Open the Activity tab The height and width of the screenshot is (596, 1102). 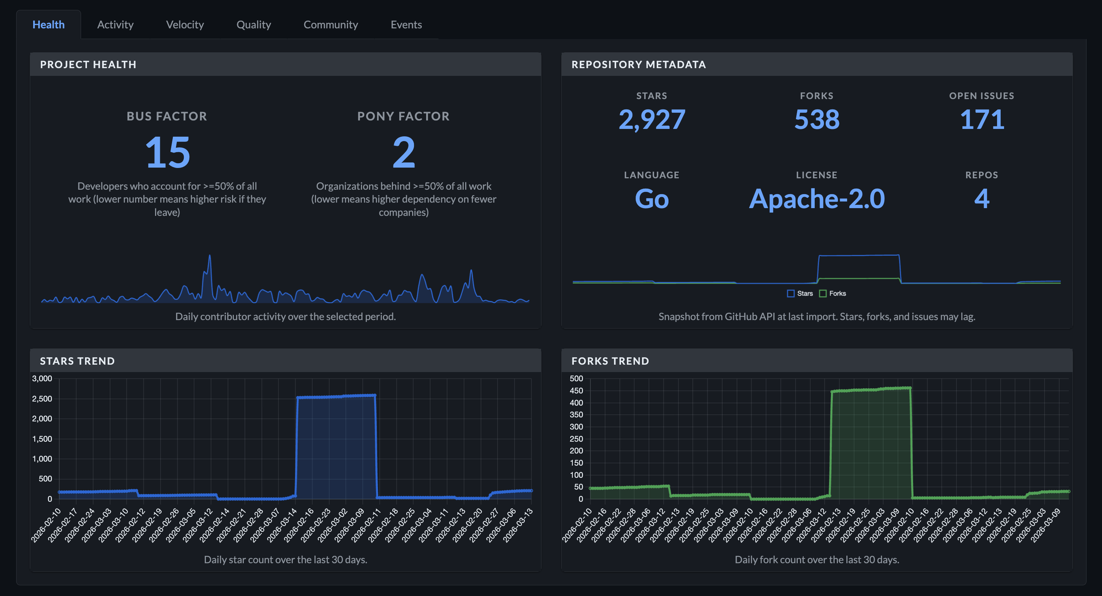115,25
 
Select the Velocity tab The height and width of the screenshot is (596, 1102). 185,25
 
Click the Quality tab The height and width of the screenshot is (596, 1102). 254,25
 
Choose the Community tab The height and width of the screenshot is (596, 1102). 331,25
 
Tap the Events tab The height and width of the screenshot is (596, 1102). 406,25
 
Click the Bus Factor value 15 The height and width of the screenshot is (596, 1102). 167,152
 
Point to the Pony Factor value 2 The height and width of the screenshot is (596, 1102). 403,152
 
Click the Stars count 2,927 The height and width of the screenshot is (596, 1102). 652,119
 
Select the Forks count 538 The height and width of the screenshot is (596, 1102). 817,119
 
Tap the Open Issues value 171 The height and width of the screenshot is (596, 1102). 982,119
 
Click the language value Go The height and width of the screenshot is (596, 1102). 652,199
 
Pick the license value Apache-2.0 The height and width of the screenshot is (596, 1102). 817,199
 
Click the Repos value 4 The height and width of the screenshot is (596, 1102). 982,199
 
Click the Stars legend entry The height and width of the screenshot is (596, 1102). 800,294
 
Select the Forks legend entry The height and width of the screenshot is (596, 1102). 832,294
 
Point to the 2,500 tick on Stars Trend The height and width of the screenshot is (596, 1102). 42,399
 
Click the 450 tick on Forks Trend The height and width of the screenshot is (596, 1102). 576,390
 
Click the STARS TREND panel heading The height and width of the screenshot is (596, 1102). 77,361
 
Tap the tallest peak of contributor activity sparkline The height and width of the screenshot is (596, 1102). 210,256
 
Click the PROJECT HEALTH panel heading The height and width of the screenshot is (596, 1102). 88,64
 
